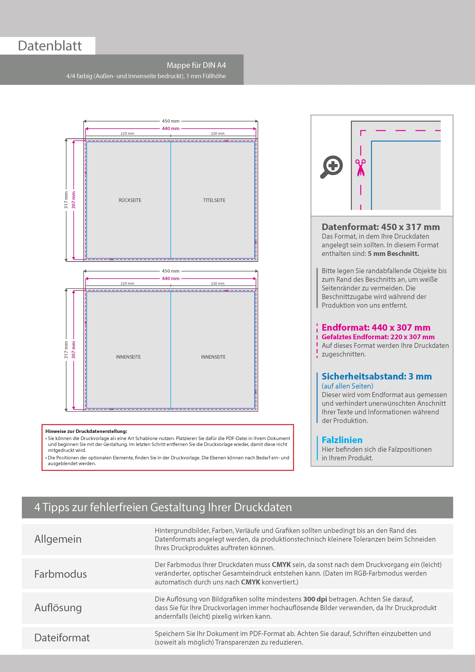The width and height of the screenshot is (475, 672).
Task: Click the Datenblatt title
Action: click(50, 46)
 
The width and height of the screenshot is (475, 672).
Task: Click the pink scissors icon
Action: click(361, 167)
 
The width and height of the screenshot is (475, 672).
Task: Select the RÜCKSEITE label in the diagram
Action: click(130, 200)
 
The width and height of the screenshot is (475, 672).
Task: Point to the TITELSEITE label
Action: click(214, 200)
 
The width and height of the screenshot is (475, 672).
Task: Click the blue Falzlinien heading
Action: click(342, 440)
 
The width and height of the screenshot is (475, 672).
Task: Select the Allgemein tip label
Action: click(58, 539)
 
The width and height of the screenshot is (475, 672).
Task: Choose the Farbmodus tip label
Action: click(61, 574)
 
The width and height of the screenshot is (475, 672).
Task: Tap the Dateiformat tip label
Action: click(62, 638)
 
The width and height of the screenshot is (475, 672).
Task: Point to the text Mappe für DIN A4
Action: click(196, 65)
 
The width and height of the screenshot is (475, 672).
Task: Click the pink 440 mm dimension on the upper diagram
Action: click(171, 129)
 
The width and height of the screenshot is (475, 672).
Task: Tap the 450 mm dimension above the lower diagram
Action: click(171, 271)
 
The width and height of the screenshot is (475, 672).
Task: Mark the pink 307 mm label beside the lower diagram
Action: click(74, 350)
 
